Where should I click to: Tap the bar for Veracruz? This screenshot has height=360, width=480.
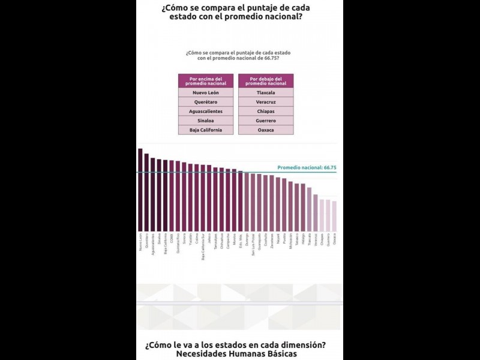pyautogui.click(x=316, y=212)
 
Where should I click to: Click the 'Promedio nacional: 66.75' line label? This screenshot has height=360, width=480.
pyautogui.click(x=306, y=168)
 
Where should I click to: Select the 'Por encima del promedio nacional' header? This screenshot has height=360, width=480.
pyautogui.click(x=206, y=81)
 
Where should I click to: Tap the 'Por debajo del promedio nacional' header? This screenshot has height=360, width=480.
pyautogui.click(x=266, y=81)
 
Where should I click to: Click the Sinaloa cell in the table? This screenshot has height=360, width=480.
pyautogui.click(x=206, y=121)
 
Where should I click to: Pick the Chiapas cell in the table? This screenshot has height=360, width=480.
pyautogui.click(x=266, y=112)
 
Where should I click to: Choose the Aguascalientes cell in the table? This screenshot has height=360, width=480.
pyautogui.click(x=206, y=112)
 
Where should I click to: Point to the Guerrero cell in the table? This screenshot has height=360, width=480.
pyautogui.click(x=266, y=121)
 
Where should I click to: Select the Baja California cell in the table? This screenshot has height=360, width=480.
pyautogui.click(x=206, y=130)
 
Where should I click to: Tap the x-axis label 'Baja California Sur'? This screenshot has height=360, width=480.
pyautogui.click(x=203, y=247)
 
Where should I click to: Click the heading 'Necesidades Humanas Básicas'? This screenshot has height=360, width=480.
pyautogui.click(x=236, y=354)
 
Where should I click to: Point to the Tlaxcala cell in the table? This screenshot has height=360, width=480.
pyautogui.click(x=266, y=93)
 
